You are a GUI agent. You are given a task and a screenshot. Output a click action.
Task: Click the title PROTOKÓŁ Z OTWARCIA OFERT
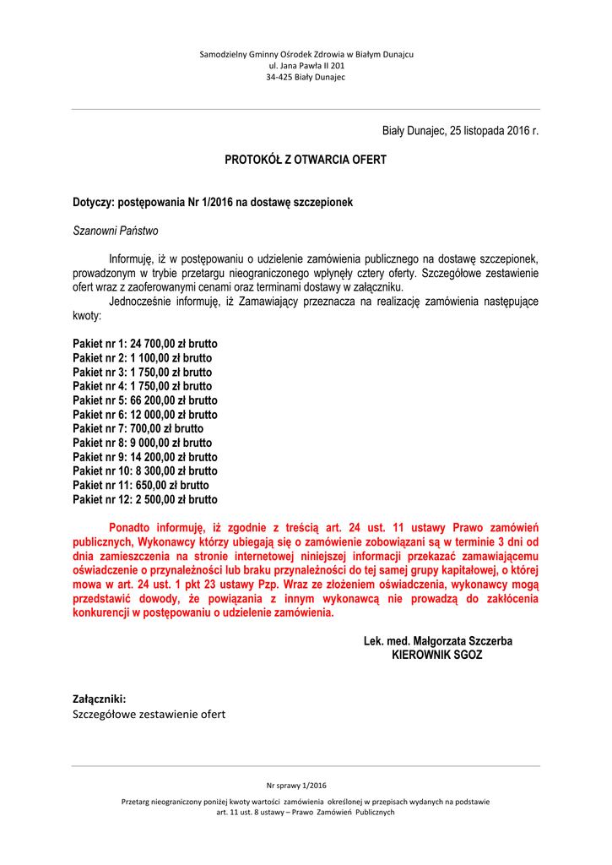305,160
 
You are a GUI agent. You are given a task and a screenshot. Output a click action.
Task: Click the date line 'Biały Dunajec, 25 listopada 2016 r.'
460,131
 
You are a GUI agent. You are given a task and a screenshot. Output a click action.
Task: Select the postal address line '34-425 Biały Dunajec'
306,77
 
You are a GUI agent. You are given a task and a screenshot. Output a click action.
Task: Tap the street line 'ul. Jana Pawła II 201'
306,65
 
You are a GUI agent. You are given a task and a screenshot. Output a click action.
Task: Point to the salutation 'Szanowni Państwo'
115,231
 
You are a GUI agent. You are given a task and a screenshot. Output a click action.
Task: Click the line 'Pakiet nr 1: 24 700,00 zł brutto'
145,344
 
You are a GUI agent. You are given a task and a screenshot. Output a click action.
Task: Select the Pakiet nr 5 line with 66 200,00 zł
145,400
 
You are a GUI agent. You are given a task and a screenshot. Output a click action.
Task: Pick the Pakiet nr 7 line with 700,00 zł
138,428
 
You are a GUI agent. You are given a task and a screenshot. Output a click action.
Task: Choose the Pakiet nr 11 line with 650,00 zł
141,485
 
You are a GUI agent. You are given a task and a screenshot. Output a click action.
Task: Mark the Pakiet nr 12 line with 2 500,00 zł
145,499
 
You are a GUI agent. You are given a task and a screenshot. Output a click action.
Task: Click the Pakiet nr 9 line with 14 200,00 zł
145,457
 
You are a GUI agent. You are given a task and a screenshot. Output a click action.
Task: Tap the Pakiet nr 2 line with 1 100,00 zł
143,358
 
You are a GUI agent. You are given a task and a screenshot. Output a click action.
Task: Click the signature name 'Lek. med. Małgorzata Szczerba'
437,641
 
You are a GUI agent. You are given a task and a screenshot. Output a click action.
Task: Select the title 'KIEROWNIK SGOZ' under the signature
437,655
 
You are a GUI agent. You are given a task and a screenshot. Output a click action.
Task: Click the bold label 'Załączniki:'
100,699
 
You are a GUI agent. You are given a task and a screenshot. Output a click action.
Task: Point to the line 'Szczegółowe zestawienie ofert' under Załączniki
149,715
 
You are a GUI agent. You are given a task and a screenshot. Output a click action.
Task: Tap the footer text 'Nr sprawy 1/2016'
295,785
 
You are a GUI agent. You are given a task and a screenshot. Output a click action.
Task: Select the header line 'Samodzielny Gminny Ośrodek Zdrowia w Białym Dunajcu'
306,54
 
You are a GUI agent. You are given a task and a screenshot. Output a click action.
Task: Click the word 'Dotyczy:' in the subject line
93,203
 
